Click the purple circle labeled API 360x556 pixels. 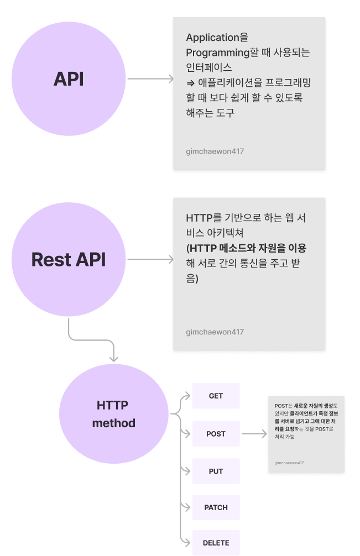tap(69, 79)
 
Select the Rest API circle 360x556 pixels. tap(69, 259)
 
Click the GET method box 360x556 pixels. tap(216, 396)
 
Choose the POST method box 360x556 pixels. tap(216, 434)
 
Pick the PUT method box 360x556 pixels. tap(216, 471)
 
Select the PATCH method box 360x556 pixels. tap(216, 507)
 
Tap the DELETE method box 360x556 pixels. tap(216, 542)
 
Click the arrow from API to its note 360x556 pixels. tap(150, 79)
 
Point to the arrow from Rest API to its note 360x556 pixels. tap(150, 259)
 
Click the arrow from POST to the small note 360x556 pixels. tap(254, 434)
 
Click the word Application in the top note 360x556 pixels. tap(212, 38)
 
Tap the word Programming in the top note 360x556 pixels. tap(218, 53)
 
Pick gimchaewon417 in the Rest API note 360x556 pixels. tap(215, 332)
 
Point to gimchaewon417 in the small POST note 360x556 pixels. tap(289, 463)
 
